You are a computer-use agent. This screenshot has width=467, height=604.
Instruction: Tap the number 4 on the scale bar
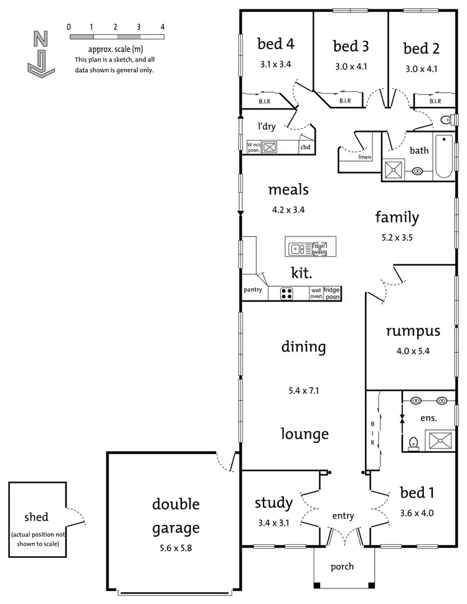(x=163, y=27)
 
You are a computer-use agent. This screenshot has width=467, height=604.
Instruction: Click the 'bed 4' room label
(x=275, y=44)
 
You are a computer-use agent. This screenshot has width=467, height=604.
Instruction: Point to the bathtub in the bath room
(x=443, y=156)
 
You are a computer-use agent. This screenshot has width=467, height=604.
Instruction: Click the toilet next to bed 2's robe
(x=445, y=120)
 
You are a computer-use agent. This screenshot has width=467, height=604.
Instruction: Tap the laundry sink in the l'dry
(x=270, y=147)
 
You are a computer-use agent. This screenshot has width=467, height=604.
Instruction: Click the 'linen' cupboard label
(x=365, y=157)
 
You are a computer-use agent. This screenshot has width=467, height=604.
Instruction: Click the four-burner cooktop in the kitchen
(x=286, y=294)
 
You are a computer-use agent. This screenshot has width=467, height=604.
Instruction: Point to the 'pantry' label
(x=253, y=290)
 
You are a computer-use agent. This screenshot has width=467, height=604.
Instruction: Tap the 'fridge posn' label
(x=332, y=293)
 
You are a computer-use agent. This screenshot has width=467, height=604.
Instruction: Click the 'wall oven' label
(x=316, y=293)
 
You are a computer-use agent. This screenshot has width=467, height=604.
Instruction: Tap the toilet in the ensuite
(x=413, y=443)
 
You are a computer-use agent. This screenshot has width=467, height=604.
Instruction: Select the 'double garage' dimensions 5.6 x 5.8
(x=175, y=550)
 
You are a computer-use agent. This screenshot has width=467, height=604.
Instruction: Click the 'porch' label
(x=342, y=566)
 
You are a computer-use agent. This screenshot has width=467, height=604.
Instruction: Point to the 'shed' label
(x=36, y=516)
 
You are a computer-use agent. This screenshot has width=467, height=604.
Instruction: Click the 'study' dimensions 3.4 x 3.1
(x=273, y=523)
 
